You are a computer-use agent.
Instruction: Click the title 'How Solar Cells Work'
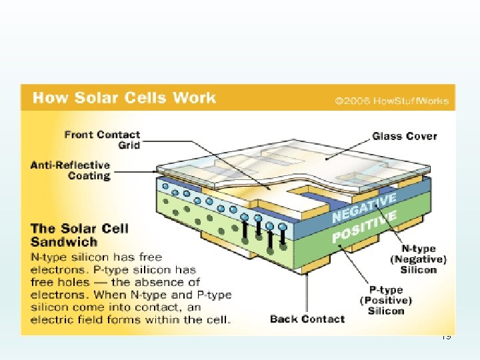click(124, 98)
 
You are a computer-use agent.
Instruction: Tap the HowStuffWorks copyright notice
click(392, 102)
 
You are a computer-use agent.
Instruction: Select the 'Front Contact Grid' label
click(102, 139)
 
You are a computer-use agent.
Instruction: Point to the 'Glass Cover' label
click(404, 136)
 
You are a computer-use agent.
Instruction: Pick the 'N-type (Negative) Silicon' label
click(419, 259)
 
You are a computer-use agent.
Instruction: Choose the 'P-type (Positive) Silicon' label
click(386, 300)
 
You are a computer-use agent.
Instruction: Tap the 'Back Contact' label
click(307, 319)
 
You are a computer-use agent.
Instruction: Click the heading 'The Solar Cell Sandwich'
click(79, 235)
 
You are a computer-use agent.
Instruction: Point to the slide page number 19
click(446, 337)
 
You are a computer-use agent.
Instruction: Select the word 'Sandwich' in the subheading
click(64, 242)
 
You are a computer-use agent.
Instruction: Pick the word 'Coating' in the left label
click(89, 176)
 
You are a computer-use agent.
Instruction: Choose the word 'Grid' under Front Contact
click(129, 145)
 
